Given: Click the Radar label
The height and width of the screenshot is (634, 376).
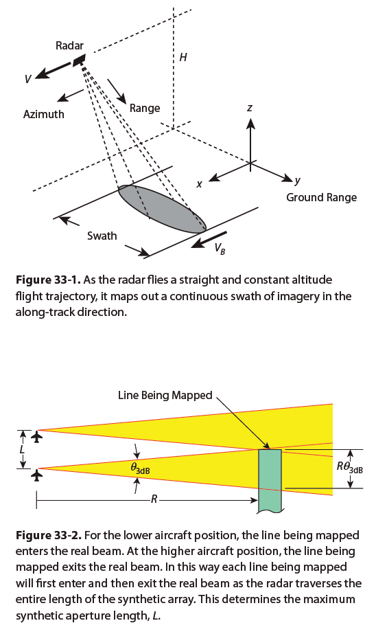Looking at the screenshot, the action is [69, 45].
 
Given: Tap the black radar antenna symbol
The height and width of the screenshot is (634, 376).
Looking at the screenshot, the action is [79, 60].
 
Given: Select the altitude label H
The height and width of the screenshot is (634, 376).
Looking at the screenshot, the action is [183, 57].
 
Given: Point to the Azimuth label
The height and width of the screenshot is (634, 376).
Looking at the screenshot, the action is [44, 115].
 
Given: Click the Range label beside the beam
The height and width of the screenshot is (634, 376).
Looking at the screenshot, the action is [145, 109].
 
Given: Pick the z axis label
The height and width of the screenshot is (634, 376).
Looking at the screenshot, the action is [250, 108].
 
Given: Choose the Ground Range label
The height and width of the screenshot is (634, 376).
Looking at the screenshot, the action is [322, 197].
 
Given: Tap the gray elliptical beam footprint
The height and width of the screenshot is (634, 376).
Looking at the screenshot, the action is [162, 209].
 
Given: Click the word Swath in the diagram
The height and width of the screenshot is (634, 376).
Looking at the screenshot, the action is [102, 236].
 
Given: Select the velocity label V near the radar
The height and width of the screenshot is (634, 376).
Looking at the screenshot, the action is [27, 79].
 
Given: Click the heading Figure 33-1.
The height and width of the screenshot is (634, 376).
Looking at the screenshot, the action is [49, 280].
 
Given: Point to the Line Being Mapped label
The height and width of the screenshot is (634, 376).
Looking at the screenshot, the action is [165, 395].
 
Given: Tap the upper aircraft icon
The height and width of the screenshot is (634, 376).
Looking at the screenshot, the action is [37, 437].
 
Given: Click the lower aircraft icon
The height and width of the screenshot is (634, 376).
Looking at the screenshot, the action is [37, 475].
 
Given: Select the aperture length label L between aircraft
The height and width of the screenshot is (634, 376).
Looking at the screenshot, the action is [23, 449].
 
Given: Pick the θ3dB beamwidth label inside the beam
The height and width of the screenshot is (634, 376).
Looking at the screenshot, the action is [140, 468].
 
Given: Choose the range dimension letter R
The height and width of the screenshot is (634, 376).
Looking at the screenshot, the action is [154, 500].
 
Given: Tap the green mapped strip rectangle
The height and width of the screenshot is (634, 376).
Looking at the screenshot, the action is [270, 481].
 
